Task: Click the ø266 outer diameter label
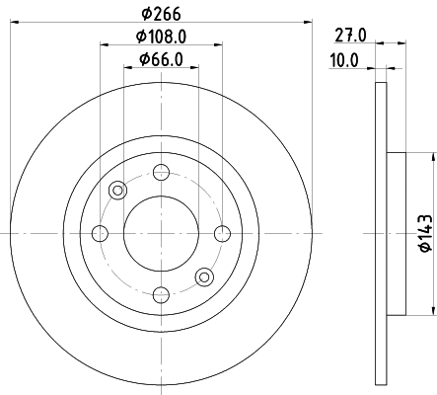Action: click(161, 14)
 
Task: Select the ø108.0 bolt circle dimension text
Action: click(161, 37)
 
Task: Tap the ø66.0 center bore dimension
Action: click(161, 59)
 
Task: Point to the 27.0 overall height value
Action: click(351, 35)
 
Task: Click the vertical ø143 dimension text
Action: click(422, 233)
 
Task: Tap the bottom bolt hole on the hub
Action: click(160, 293)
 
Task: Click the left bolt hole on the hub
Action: click(100, 233)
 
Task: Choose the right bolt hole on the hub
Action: click(221, 233)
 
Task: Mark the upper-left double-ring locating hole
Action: click(117, 191)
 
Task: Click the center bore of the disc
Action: click(160, 233)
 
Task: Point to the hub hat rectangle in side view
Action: click(395, 233)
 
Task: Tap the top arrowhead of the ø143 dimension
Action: click(432, 158)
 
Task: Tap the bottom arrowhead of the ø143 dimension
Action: click(432, 309)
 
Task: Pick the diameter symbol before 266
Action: click(144, 14)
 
